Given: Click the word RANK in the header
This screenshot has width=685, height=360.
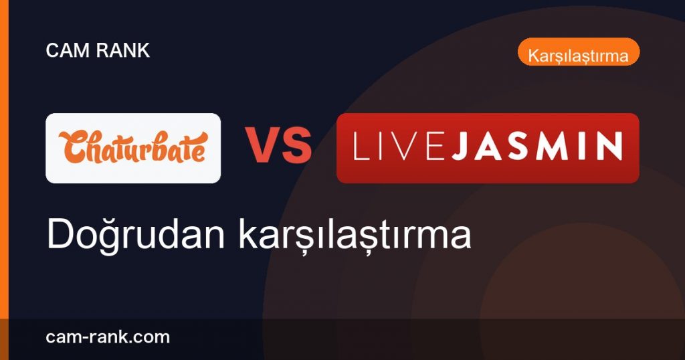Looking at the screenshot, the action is (123, 50).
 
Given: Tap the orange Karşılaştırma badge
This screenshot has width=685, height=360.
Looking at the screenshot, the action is (579, 52).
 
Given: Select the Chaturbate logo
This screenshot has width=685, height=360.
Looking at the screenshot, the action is (133, 148).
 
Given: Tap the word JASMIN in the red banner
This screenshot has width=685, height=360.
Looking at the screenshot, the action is (537, 146).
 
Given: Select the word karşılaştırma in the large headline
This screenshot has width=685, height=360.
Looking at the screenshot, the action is (355, 235).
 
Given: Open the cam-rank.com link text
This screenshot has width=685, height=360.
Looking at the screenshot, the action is (108, 337).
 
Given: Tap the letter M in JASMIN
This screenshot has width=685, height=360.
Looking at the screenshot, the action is (558, 146).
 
